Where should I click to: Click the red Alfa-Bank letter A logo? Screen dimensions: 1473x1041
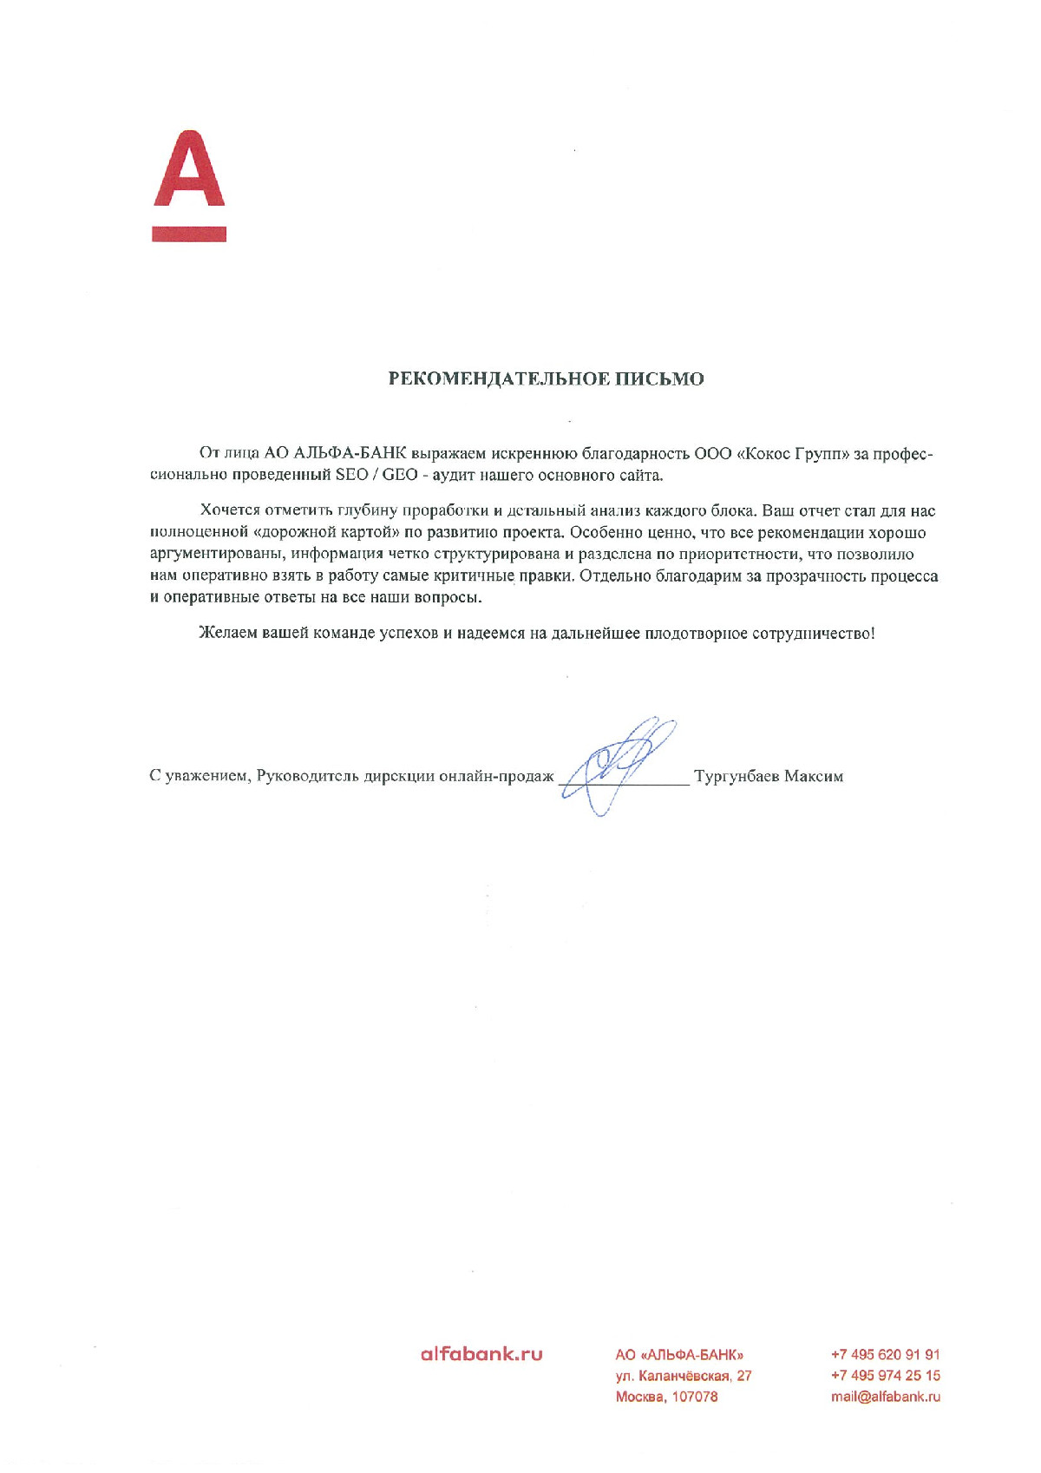189,170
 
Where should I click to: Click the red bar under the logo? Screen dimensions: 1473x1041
189,233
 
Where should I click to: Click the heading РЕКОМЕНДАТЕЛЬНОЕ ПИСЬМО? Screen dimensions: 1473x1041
546,378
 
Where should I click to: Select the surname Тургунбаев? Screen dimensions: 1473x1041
737,776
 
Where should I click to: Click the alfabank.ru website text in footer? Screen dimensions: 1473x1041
481,1353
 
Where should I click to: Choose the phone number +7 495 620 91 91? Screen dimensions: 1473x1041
885,1354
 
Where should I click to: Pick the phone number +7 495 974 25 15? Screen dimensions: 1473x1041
885,1375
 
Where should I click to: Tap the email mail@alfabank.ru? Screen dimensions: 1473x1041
885,1397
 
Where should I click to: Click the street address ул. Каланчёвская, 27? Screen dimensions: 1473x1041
684,1376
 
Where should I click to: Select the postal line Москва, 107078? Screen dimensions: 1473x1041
666,1397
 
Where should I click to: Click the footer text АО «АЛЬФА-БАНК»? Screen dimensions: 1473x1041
679,1355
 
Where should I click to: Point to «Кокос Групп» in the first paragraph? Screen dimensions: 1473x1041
792,454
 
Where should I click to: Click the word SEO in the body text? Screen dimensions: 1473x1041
351,475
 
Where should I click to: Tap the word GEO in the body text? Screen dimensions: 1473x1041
400,475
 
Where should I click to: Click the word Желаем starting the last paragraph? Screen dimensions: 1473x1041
228,633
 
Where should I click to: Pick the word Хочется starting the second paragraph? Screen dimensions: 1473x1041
230,510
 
